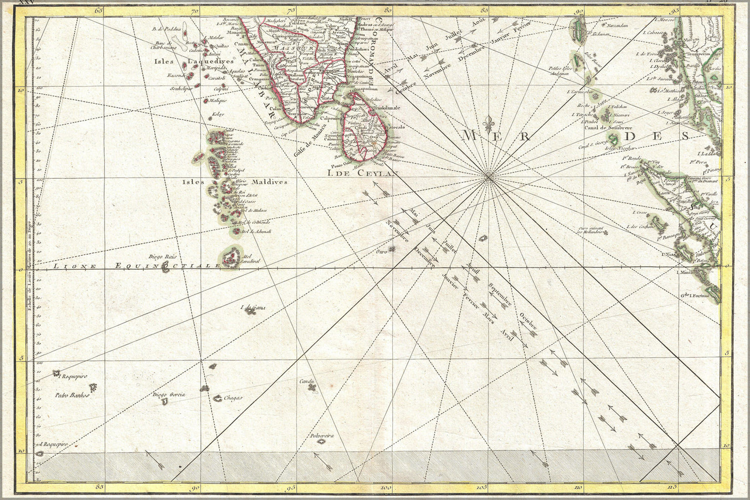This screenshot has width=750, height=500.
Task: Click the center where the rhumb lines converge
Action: tap(489, 178)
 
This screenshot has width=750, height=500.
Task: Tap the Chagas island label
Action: tap(232, 398)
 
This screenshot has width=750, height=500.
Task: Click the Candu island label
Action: tap(306, 382)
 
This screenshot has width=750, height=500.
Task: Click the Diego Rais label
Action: tap(160, 256)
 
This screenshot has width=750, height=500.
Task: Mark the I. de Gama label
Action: tap(253, 308)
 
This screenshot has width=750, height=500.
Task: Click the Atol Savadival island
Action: tap(231, 257)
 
